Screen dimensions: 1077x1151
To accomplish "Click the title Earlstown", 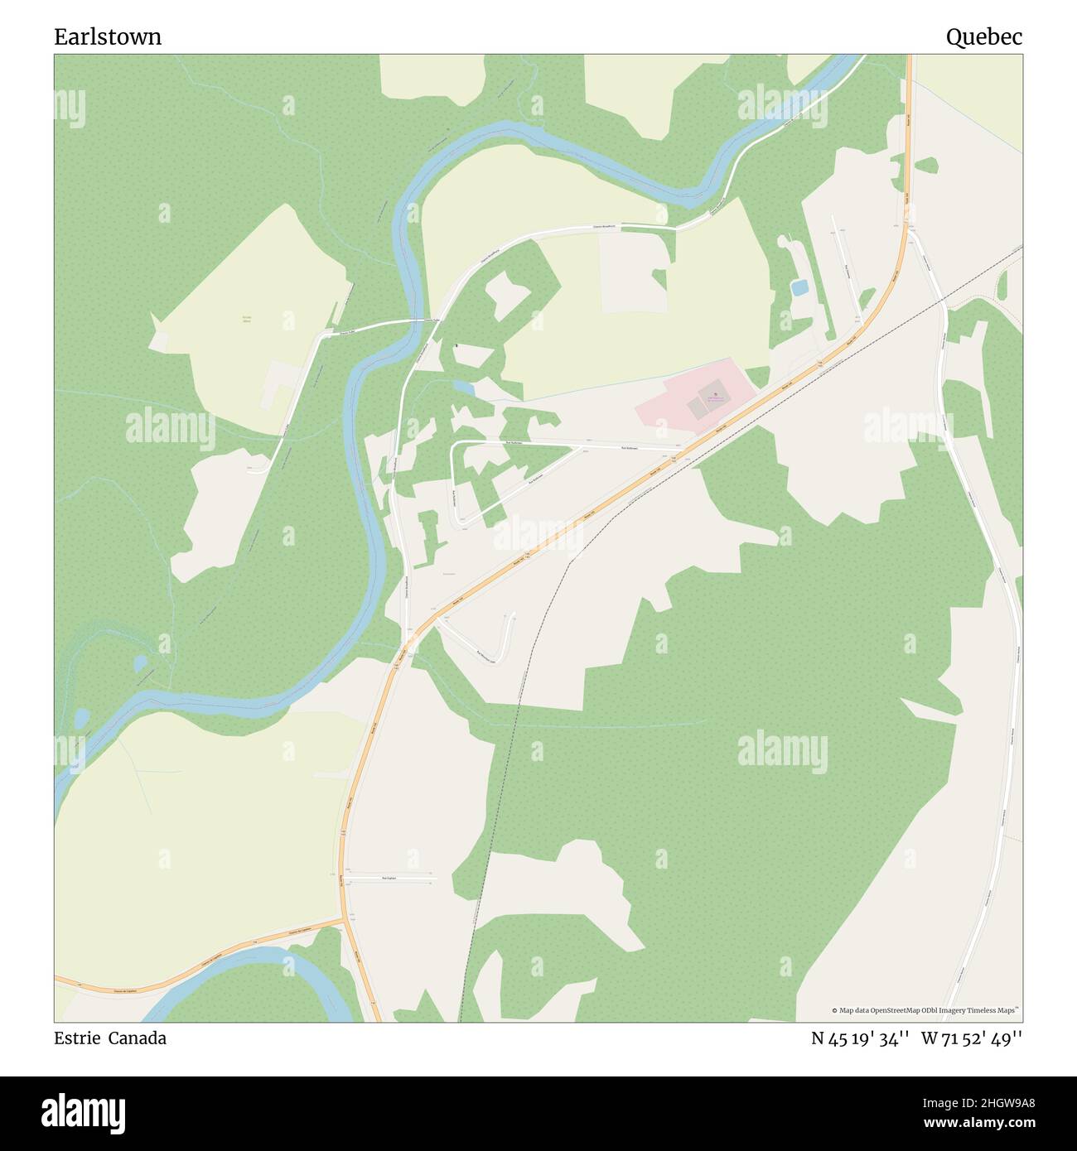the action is (108, 36).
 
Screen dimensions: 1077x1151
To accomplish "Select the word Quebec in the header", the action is (984, 36).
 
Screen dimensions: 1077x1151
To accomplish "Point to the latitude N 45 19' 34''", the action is (862, 1038).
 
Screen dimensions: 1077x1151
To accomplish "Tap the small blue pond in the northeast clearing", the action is (799, 288).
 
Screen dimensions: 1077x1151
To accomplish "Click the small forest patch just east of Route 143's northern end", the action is (925, 165).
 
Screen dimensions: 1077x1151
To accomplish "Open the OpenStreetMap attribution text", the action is (926, 1010).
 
